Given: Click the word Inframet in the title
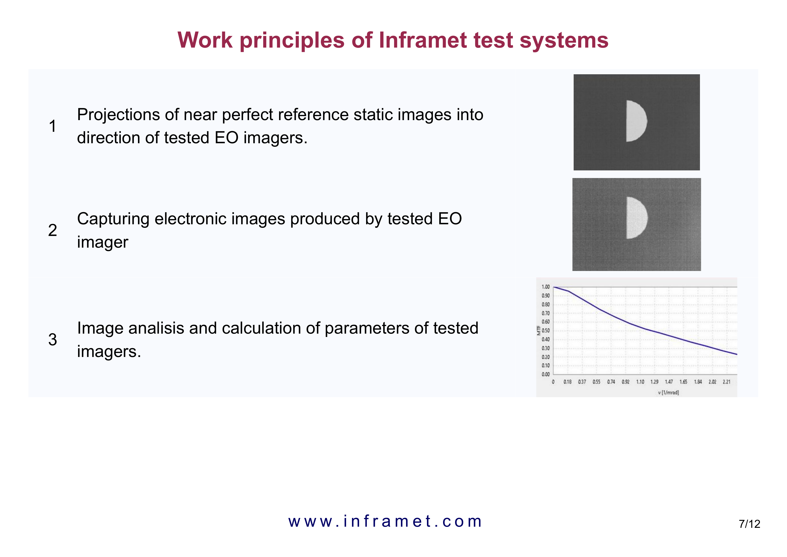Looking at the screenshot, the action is click(423, 40).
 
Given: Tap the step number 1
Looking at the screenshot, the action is click(52, 126).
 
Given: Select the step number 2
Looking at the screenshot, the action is click(52, 230).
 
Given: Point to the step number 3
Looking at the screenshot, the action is click(52, 339).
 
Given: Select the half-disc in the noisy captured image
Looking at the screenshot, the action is click(636, 218).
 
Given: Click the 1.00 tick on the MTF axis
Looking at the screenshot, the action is click(546, 287).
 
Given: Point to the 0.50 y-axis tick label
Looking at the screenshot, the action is click(546, 331).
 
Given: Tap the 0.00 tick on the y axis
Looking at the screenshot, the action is click(546, 374).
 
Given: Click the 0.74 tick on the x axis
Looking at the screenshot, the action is click(611, 382).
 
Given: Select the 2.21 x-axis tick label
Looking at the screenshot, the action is click(727, 382).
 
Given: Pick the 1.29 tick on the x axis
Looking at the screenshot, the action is click(654, 382).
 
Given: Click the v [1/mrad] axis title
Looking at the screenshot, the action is click(668, 392).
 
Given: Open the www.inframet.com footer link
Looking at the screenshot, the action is click(385, 521).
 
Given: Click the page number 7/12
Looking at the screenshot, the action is click(750, 524).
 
